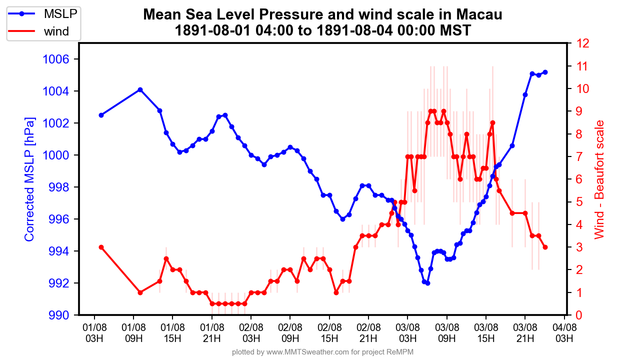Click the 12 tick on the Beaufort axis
coord(582,43)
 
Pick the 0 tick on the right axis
coord(578,315)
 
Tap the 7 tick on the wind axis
coord(578,156)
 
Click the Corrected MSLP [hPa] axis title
coord(30,179)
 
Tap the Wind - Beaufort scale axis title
coord(599,179)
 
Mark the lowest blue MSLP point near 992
coord(427,283)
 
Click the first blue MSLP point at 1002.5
coord(101,115)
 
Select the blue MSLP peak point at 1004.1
coord(140,89)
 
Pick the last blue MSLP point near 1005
coord(545,72)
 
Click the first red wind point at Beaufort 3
coord(101,247)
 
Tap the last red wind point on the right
coord(545,247)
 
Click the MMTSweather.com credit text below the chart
coord(322,352)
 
